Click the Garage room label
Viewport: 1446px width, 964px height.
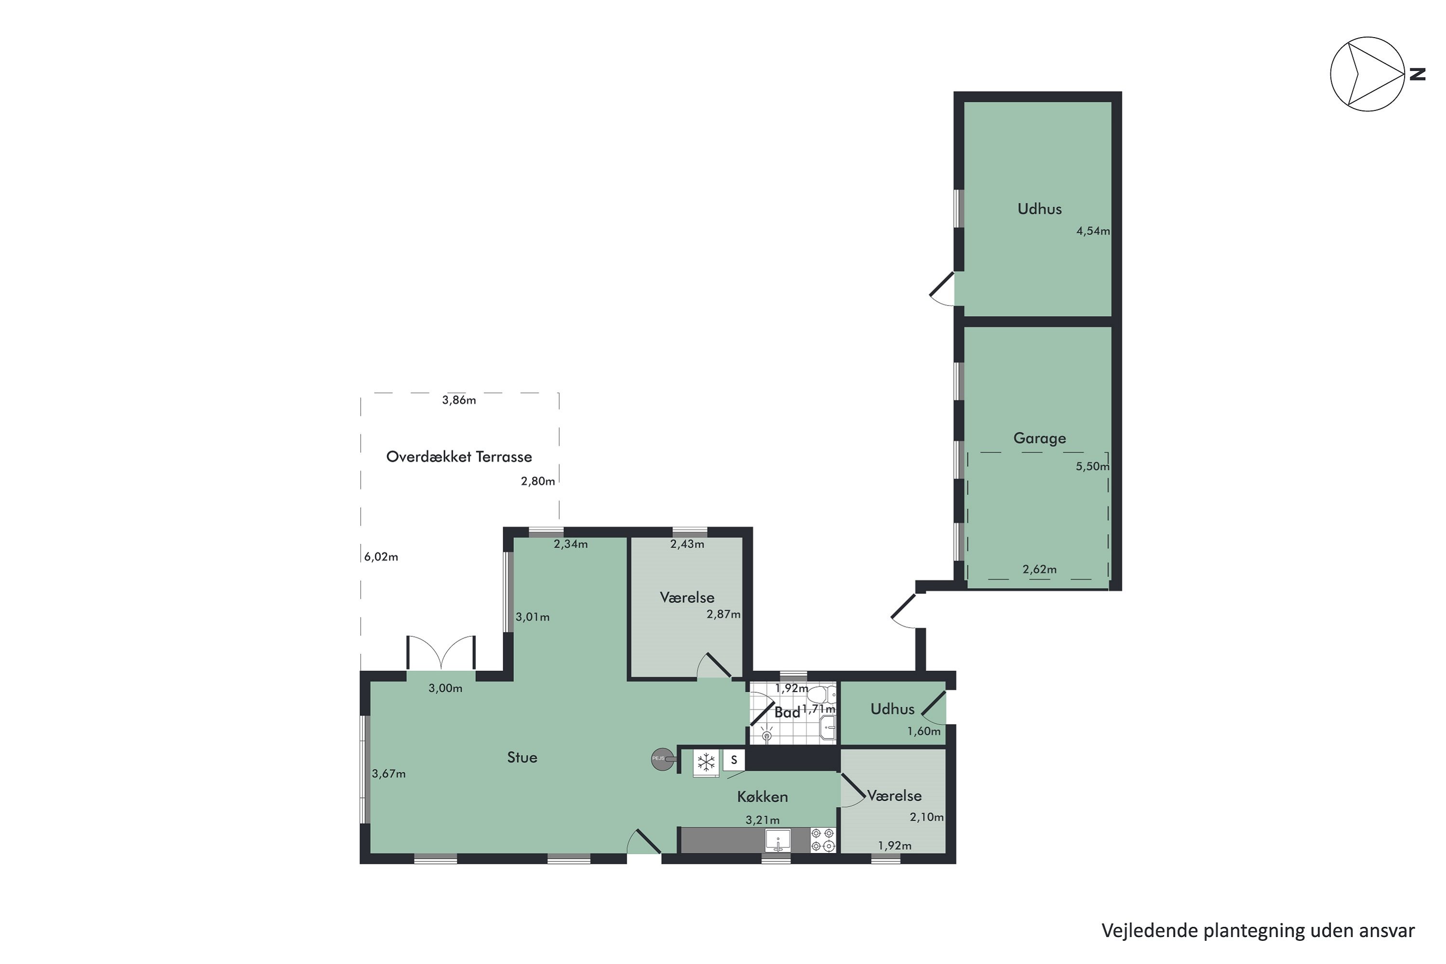[1039, 438]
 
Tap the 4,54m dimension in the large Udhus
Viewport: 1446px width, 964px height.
[1093, 232]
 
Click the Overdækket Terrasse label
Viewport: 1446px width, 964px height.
[459, 457]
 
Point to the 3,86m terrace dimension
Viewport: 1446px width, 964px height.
[459, 400]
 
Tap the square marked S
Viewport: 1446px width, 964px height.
[734, 761]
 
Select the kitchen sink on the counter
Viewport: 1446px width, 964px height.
[778, 840]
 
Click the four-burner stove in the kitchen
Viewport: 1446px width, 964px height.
[823, 840]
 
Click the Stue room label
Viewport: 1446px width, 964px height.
[522, 757]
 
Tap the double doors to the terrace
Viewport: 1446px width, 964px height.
[441, 654]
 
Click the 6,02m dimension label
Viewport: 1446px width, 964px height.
[381, 557]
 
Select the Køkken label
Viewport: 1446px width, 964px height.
[763, 797]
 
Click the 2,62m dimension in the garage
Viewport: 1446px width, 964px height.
[1039, 569]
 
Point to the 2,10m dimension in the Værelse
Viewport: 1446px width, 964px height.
[926, 817]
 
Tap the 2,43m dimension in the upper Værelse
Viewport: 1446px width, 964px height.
[687, 544]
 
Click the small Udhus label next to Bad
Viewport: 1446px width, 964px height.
[892, 709]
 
